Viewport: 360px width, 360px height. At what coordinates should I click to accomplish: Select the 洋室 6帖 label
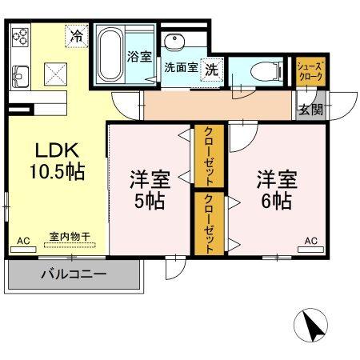coord(276,189)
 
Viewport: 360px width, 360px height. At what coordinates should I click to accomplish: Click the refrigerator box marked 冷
coord(77,36)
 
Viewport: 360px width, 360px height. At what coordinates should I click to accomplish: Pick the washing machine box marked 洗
coord(212,70)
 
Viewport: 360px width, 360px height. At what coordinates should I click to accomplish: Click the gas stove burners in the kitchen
coord(20,37)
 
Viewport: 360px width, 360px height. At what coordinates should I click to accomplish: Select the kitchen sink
coord(19,78)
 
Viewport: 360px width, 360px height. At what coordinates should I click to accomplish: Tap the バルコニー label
coord(74,274)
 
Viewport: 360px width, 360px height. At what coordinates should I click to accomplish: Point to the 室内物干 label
coord(69,237)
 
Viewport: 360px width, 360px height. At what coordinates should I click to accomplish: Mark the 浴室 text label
coord(139,56)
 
